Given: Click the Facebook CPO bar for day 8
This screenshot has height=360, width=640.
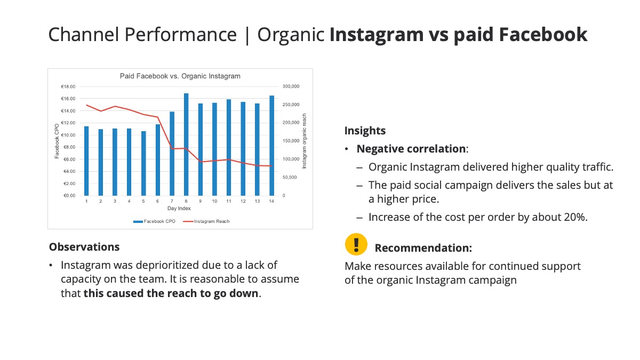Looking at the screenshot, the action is (x=186, y=145).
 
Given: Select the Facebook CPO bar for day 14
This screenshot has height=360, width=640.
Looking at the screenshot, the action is (x=271, y=146).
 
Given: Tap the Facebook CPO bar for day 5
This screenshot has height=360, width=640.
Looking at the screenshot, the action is (x=143, y=163).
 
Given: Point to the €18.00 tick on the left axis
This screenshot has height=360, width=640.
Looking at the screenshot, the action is (x=68, y=86).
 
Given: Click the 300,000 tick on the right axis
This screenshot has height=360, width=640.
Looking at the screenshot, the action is (x=291, y=86).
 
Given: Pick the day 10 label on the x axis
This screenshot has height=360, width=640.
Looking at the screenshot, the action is (x=214, y=201).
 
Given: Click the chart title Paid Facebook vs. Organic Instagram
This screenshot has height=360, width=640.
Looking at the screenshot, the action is (x=180, y=76).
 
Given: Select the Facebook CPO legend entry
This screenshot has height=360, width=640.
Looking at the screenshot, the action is (x=154, y=221).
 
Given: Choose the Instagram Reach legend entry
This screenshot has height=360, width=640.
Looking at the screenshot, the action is (x=206, y=221).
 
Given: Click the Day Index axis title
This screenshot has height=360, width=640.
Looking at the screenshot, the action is (x=179, y=209).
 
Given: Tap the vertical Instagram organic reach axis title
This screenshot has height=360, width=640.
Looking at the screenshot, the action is (x=305, y=141).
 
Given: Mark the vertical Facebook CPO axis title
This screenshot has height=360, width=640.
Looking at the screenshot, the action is (x=57, y=141).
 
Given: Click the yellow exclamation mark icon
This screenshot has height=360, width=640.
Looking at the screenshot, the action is (x=356, y=244).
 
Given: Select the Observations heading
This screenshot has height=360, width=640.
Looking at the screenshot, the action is (x=84, y=247).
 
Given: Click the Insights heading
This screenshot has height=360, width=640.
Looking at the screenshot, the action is (x=365, y=131).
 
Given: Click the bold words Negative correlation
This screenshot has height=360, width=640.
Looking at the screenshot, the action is (x=411, y=149).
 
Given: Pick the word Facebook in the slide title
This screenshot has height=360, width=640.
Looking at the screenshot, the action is (x=543, y=34).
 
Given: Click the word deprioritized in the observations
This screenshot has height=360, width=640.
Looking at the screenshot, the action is (x=167, y=266).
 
